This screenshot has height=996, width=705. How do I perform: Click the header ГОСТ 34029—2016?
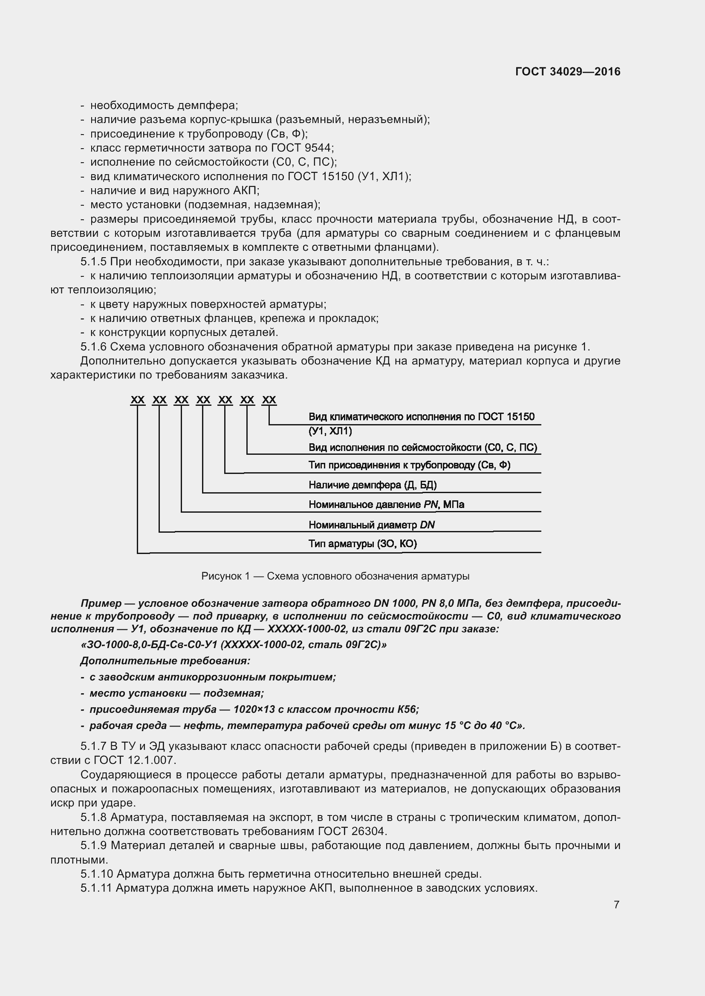pyautogui.click(x=567, y=72)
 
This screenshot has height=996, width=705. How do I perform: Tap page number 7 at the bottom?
pyautogui.click(x=616, y=904)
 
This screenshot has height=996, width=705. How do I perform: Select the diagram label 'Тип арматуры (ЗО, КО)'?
pyautogui.click(x=362, y=544)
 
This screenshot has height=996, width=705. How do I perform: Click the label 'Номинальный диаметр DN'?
pyautogui.click(x=372, y=525)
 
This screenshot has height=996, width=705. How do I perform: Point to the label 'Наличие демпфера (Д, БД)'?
pyautogui.click(x=373, y=485)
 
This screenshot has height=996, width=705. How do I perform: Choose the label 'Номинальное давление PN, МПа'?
pyautogui.click(x=386, y=505)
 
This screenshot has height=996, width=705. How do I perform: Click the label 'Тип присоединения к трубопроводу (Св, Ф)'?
pyautogui.click(x=409, y=465)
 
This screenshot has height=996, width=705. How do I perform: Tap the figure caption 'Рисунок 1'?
pyautogui.click(x=226, y=576)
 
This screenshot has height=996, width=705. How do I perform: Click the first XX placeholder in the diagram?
pyautogui.click(x=138, y=400)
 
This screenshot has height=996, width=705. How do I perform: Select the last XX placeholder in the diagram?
pyautogui.click(x=269, y=400)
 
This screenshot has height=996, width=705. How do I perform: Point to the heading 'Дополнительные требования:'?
pyautogui.click(x=165, y=661)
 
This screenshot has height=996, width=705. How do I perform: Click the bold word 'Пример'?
pyautogui.click(x=101, y=603)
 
